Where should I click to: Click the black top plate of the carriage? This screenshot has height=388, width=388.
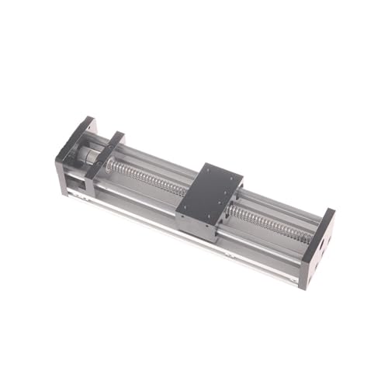[x=210, y=190]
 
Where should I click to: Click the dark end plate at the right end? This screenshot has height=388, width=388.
[x=318, y=244]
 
